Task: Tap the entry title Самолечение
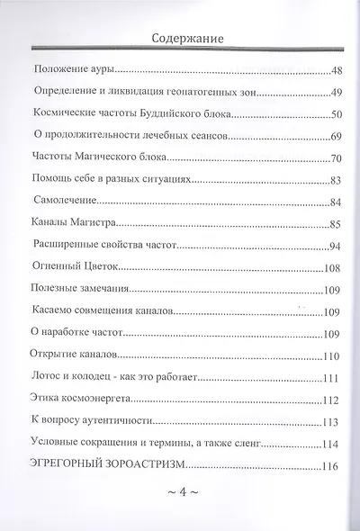tap(62, 202)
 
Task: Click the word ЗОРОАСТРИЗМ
tap(164, 465)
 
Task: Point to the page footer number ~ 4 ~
tap(180, 494)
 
